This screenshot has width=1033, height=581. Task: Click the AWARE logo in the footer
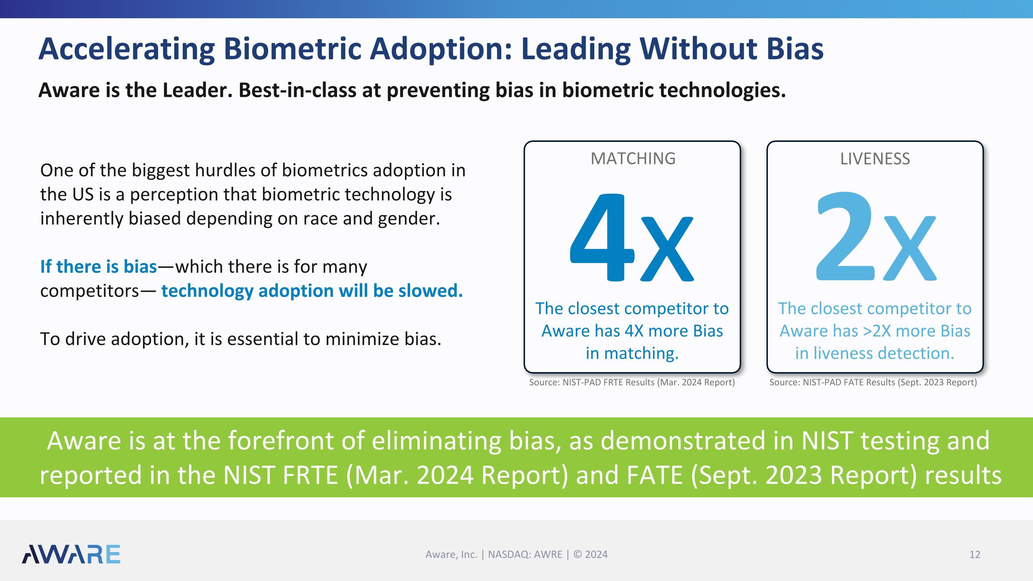point(71,554)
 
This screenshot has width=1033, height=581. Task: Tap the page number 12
point(974,554)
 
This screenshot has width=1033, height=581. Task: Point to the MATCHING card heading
point(633,159)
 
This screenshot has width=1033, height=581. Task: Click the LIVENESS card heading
point(875,159)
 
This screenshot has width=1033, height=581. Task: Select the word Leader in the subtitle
point(197,90)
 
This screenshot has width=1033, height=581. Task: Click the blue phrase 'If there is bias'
point(98,267)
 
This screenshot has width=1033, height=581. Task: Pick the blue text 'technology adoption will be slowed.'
point(312,291)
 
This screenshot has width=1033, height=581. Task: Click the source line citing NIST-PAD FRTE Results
point(632,382)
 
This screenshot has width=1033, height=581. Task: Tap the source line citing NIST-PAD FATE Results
point(873,382)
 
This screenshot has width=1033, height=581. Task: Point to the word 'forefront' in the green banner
point(281,441)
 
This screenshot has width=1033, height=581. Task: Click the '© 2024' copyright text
point(590,554)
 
